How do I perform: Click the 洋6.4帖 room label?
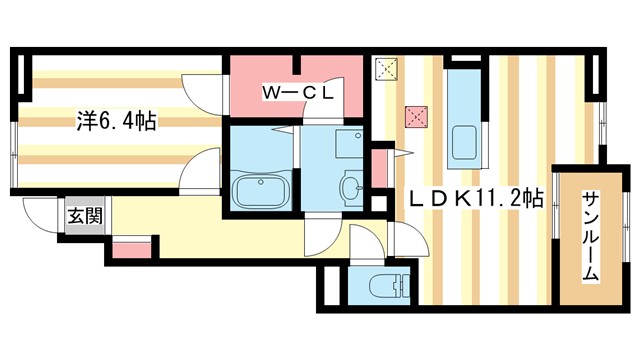116,121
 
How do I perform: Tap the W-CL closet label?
296,93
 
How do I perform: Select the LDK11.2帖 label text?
475,199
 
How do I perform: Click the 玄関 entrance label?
79,214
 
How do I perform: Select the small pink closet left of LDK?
379,169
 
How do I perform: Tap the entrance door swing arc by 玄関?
42,215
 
